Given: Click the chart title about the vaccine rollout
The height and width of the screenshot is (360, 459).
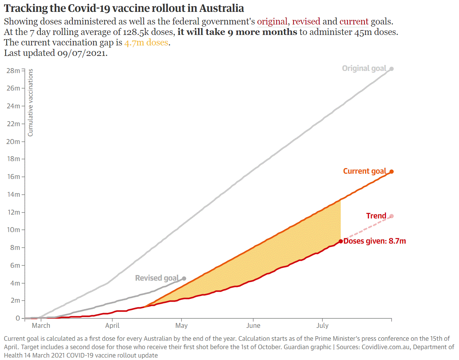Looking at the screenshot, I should coord(124,8).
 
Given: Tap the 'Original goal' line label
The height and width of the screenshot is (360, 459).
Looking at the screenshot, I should coord(364,68).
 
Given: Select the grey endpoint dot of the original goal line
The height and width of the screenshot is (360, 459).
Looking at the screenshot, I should coord(392,69).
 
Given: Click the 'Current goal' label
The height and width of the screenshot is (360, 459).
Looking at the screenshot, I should coord(364,171).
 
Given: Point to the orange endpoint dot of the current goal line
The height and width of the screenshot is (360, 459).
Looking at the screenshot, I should coord(392,172).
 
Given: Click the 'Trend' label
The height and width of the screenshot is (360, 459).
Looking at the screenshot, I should coord(376,216).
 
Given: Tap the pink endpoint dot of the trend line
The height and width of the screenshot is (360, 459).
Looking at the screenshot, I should coord(392,216).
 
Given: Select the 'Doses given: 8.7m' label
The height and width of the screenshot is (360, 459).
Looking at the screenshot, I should coord(374,241).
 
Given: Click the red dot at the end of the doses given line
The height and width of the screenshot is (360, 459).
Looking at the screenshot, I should coord(341,241).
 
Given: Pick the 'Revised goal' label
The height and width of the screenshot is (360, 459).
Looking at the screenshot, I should coord(157,278).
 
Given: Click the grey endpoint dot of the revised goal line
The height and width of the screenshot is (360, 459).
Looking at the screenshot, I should coord(184,279).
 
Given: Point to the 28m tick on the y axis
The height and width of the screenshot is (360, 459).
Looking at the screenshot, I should coord(13,71).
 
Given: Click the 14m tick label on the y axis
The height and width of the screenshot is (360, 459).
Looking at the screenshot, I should coord(13,194).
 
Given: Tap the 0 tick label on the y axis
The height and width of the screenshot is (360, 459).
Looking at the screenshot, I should coord(17,318).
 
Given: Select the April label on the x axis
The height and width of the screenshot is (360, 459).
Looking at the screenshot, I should coord(112,325).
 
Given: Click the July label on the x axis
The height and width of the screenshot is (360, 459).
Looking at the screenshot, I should coord(322,325).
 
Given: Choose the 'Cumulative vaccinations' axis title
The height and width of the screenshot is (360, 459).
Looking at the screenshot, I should coord(30,102).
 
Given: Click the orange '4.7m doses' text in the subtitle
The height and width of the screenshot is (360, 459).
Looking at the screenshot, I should coord(146,42).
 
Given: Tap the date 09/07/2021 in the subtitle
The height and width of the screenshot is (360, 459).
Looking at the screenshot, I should coord(81,53).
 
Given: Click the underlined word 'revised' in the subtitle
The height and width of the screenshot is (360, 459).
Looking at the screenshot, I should coord(306,21).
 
